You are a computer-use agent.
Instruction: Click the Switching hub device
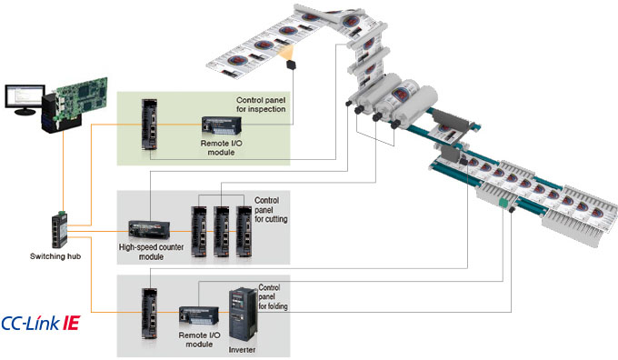59,229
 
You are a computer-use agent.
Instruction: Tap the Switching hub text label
55,256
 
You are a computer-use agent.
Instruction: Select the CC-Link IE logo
41,323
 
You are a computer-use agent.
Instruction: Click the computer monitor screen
24,95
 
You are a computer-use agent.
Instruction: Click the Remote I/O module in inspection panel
222,125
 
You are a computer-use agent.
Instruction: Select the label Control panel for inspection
261,105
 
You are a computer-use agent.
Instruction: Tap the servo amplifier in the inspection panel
149,125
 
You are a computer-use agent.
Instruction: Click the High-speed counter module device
149,229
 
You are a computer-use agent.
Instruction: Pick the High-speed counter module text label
152,252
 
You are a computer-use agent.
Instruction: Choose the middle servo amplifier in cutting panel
222,232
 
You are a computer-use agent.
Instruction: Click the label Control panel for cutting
271,210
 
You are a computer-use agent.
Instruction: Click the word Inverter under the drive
242,350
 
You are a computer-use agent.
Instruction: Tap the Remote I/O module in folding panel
199,315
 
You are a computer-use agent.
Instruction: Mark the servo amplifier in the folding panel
149,314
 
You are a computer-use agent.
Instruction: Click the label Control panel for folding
273,297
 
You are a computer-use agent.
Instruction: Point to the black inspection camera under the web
291,65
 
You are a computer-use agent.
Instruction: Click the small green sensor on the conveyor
503,204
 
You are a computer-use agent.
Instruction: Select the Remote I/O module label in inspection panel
221,148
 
